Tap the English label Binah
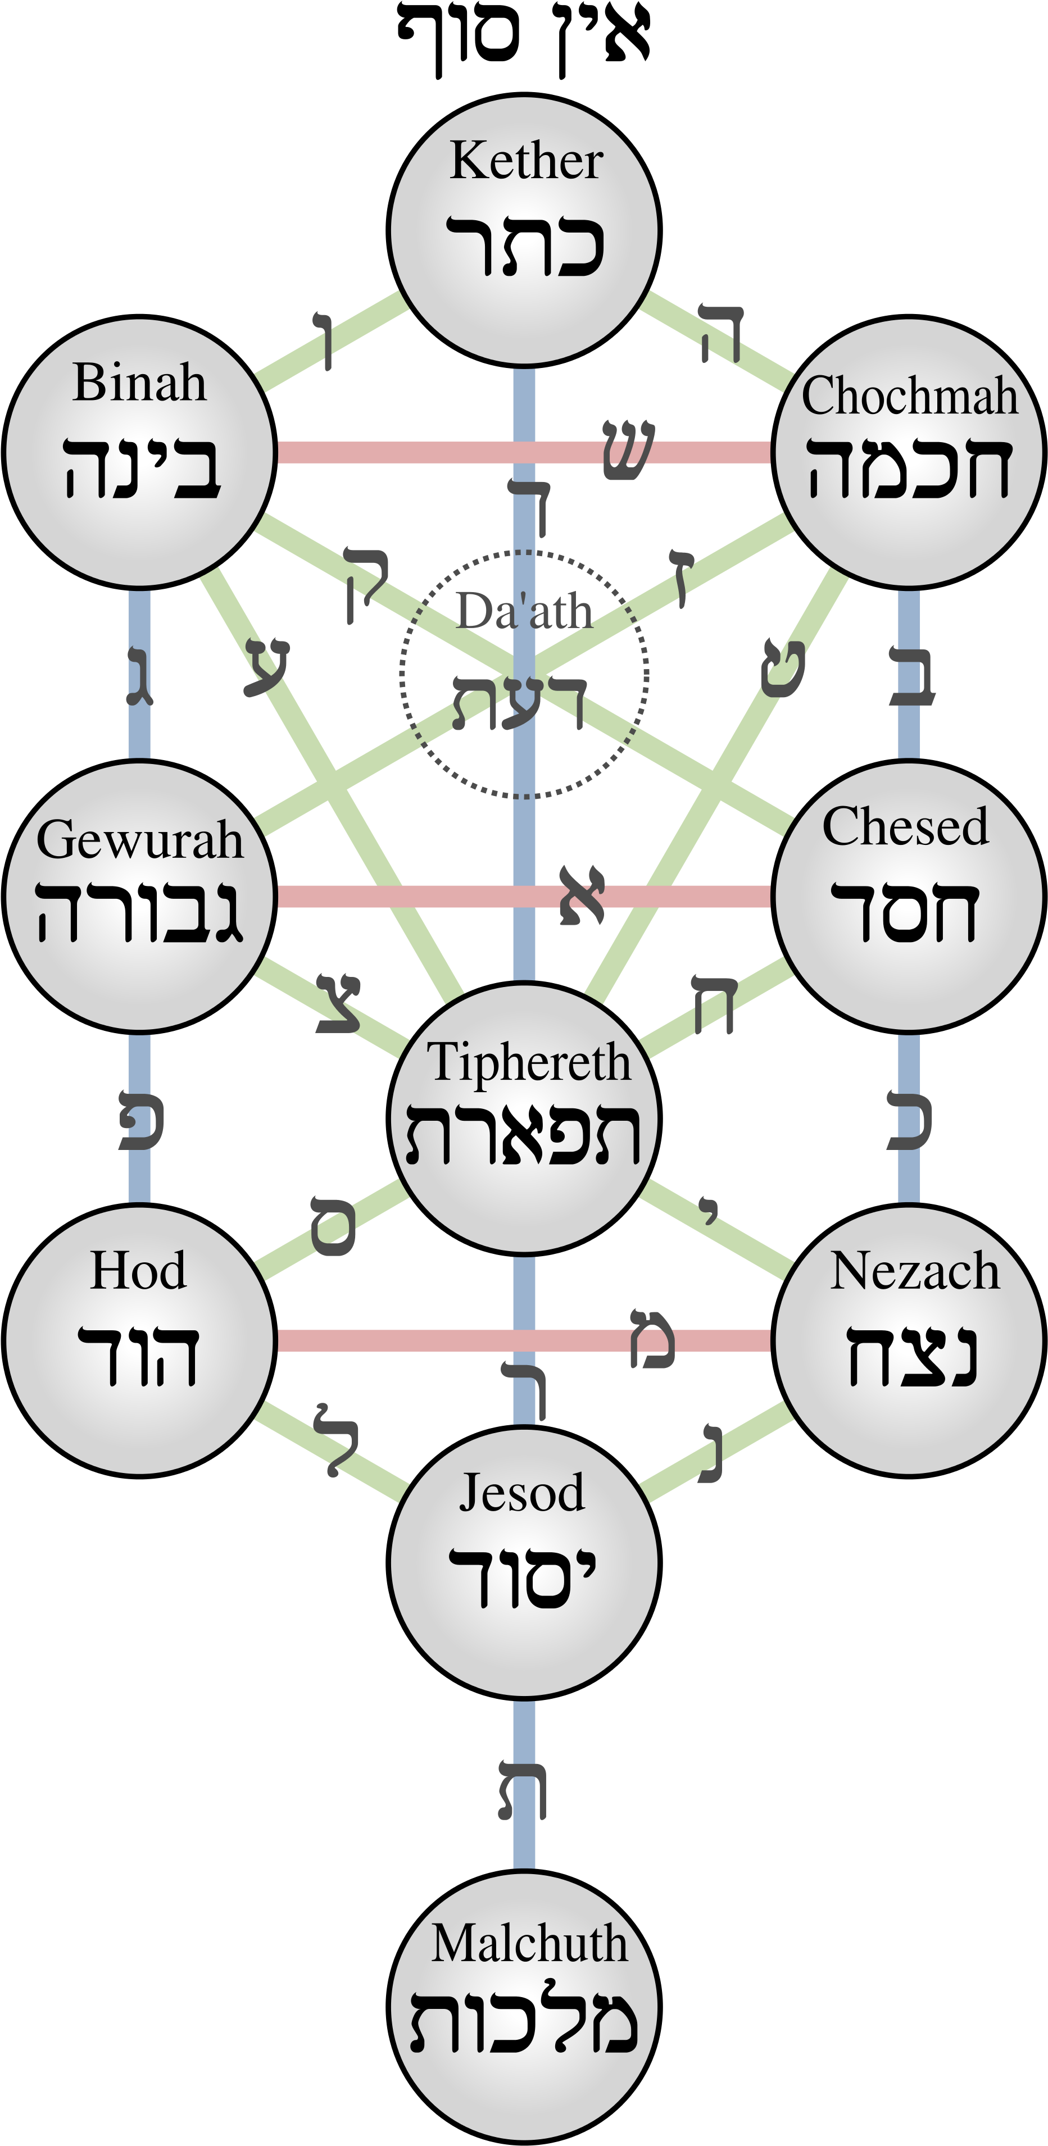(139, 383)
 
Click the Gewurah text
(140, 840)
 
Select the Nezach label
(914, 1271)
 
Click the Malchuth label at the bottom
(528, 1944)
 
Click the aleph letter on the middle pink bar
(582, 895)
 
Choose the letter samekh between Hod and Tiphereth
(333, 1225)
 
